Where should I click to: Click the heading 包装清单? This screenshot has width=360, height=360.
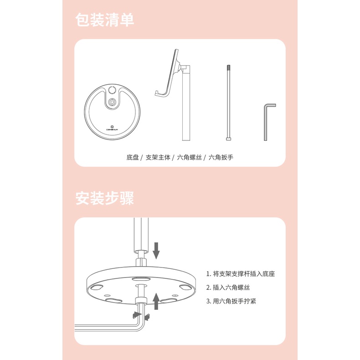point(104,20)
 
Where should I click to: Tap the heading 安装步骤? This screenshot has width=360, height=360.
point(104,198)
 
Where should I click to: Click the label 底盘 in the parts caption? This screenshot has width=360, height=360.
point(133,158)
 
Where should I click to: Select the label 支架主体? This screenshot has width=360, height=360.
point(158,158)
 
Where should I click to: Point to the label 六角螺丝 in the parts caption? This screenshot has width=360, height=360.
point(190,158)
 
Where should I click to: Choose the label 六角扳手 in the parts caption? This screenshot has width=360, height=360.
point(221,158)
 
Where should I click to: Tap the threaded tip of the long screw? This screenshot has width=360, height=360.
point(228,68)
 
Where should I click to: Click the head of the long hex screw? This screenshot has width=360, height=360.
point(228,139)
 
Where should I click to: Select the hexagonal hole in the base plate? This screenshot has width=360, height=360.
point(112,101)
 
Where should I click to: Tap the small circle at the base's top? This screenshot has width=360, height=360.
point(112,90)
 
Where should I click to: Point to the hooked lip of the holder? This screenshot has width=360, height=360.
point(158,93)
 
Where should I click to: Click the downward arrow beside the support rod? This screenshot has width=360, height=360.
point(156,251)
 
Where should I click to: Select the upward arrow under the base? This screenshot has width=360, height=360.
point(156,301)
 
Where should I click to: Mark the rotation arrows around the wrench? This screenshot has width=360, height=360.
point(141,315)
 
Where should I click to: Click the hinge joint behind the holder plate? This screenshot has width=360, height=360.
point(184,68)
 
